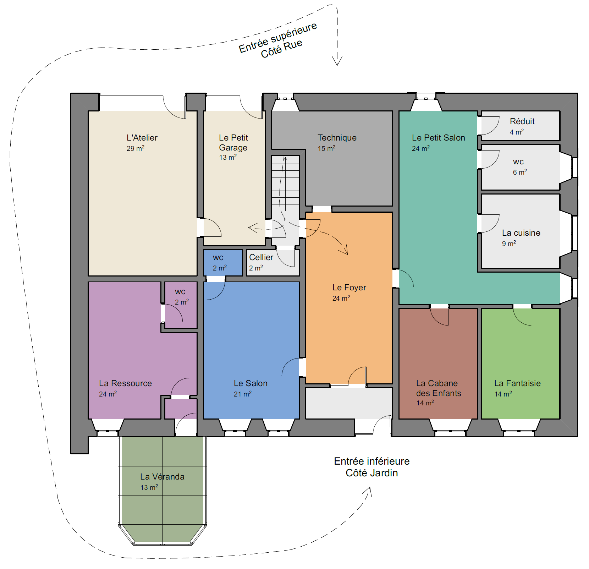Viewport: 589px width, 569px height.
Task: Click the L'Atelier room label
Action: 142,138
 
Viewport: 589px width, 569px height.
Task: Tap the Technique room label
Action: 337,138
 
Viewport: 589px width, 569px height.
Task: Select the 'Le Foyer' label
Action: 349,288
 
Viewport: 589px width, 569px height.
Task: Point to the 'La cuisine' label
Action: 521,233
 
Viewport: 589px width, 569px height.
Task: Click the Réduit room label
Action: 522,121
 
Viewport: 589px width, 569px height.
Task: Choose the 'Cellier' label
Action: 261,257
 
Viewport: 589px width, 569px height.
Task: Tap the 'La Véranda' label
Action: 162,477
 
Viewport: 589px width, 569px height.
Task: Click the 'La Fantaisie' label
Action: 517,383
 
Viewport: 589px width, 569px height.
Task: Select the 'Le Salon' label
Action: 251,383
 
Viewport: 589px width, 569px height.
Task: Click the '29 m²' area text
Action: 136,148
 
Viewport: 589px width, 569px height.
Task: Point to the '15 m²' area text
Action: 326,148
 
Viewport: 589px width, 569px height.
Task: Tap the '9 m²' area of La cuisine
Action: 509,244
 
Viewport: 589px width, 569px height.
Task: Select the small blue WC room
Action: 223,263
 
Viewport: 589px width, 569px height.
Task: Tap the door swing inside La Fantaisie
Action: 522,317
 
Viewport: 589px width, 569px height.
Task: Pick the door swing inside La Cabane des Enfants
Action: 439,317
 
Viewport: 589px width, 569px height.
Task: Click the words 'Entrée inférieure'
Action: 372,461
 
